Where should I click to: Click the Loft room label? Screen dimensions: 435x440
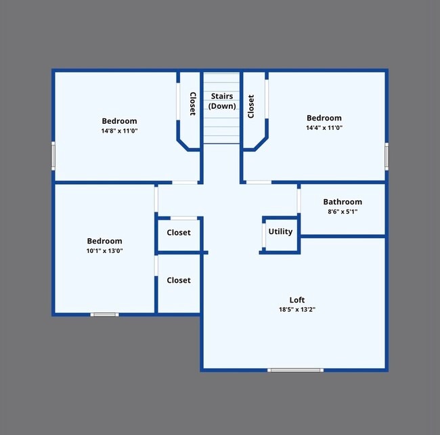[x=296, y=300]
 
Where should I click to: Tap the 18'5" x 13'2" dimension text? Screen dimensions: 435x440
[x=296, y=309]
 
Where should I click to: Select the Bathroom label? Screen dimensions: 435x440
[x=342, y=202]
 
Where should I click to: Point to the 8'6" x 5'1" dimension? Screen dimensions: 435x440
[x=342, y=211]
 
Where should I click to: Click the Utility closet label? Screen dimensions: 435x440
[x=280, y=231]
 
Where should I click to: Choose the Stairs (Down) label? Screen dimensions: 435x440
[x=221, y=101]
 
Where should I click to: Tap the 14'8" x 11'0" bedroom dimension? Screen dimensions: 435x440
[x=119, y=131]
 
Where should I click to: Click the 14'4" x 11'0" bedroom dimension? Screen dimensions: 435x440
[x=324, y=127]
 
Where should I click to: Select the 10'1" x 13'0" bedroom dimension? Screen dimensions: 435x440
[x=104, y=250]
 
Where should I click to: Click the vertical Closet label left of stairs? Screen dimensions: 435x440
[x=192, y=104]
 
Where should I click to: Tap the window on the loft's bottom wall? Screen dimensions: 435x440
[x=295, y=370]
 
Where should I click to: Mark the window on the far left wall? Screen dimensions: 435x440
[x=53, y=156]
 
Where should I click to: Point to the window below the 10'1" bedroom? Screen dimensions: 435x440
[x=105, y=315]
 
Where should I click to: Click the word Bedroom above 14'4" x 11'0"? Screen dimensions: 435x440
[x=324, y=118]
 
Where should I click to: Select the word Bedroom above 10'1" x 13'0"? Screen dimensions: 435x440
[x=104, y=241]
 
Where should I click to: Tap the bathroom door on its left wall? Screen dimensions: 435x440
[x=299, y=200]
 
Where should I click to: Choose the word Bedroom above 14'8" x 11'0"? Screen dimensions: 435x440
[x=119, y=121]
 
